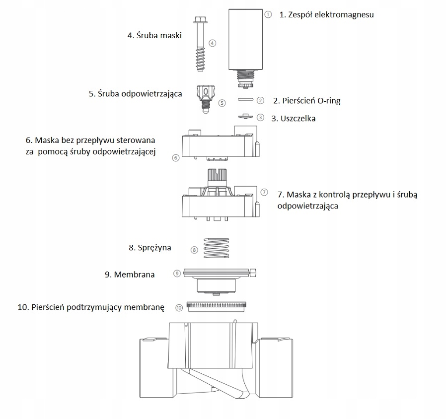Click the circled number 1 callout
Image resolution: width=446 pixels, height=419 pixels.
[268, 14]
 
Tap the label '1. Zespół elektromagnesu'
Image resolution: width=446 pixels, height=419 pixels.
[326, 15]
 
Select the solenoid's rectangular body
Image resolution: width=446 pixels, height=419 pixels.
[245, 40]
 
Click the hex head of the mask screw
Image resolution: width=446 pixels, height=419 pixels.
[200, 20]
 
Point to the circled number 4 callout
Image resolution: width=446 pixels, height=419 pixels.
[213, 43]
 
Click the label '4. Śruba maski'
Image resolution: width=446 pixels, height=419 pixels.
[154, 36]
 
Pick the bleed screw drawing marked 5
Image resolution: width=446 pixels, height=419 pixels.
[205, 99]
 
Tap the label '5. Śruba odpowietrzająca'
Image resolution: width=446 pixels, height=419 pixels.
[136, 94]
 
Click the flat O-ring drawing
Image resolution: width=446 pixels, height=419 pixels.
[245, 99]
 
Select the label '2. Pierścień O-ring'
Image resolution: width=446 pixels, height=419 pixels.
[306, 101]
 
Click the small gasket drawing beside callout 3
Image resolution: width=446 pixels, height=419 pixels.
[245, 116]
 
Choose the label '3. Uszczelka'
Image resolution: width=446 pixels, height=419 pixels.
[293, 119]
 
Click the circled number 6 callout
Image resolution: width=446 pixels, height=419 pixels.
[176, 158]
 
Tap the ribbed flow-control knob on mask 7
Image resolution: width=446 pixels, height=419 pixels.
[217, 176]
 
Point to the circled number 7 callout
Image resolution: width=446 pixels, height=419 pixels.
[264, 192]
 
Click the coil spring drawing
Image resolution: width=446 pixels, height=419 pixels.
[217, 248]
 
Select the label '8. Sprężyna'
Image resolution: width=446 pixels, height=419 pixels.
[150, 248]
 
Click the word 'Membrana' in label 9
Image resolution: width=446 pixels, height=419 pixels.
[134, 275]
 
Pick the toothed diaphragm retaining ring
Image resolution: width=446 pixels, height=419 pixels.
[217, 307]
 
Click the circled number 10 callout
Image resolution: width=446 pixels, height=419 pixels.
[179, 308]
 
